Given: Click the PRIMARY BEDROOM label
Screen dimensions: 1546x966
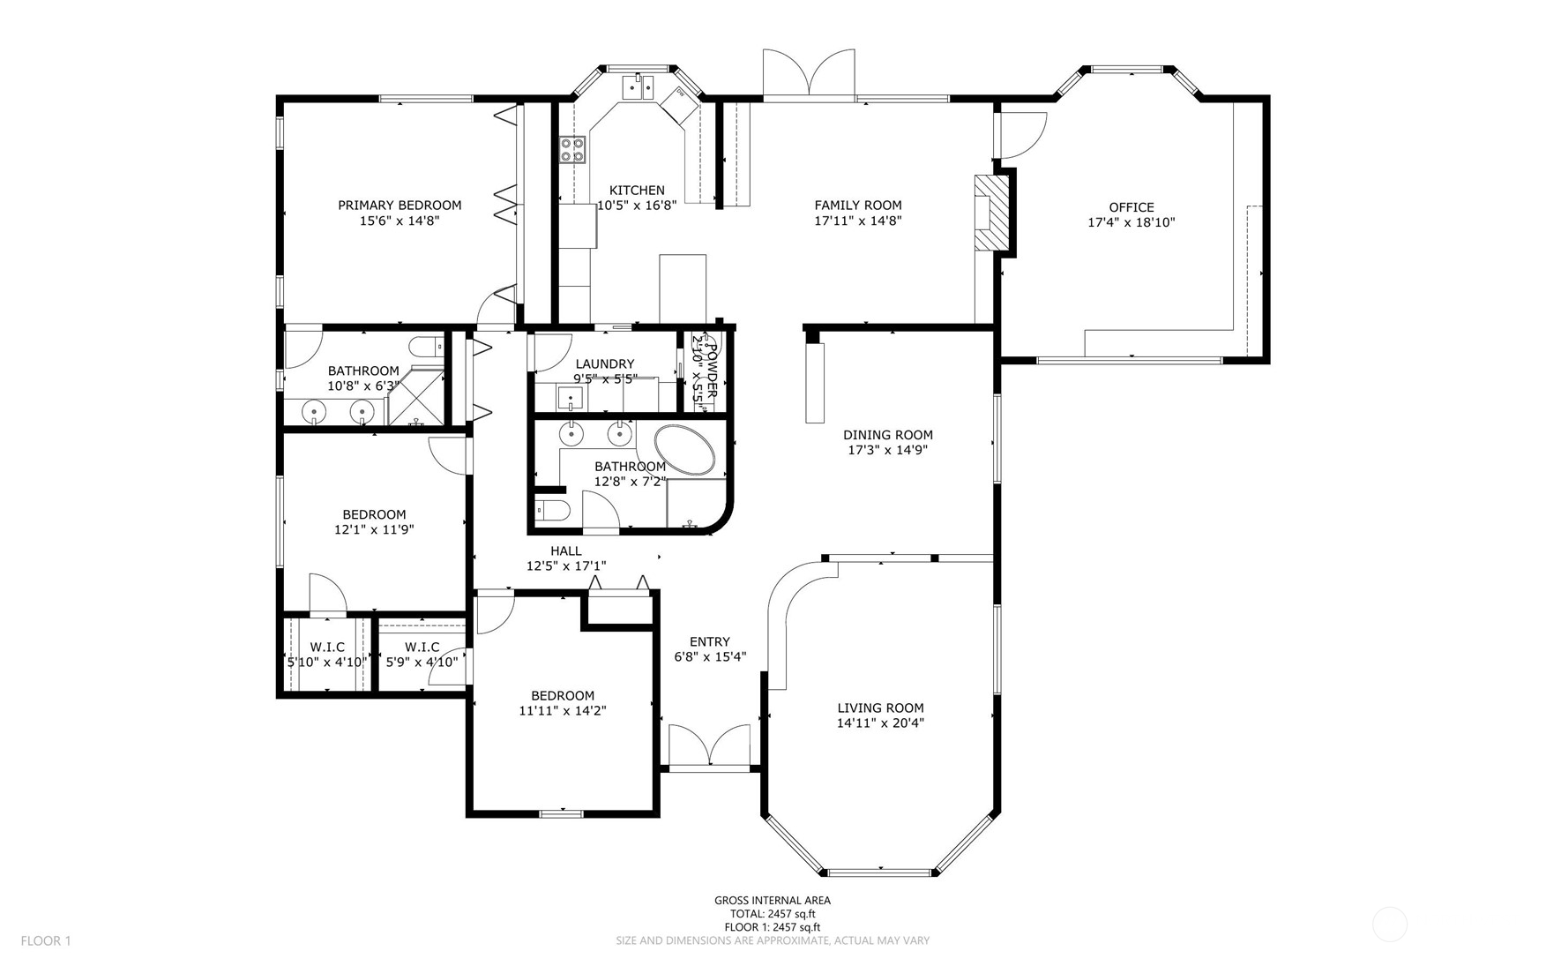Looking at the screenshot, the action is pos(400,206).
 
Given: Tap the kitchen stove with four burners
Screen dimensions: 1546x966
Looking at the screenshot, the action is pos(572,149).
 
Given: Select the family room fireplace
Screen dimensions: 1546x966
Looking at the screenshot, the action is pos(990,213).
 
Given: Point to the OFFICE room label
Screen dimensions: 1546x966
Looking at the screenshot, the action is pos(1131,208).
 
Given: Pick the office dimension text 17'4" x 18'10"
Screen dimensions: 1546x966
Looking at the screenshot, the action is pos(1131,223).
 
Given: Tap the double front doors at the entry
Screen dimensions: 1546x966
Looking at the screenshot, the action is pos(710,745).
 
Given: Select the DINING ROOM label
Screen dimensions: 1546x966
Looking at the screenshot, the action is pos(887,435).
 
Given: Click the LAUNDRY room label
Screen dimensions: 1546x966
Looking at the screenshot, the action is pos(605,364).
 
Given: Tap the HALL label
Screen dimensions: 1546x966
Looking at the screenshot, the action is pos(566,551).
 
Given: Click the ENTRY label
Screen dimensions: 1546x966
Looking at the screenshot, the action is pos(710,642).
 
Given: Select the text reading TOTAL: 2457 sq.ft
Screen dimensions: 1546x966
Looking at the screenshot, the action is pos(773,914).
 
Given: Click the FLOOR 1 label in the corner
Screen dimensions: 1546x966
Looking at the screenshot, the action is pos(46,941).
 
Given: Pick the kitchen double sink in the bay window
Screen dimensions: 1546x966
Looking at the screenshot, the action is pos(638,87).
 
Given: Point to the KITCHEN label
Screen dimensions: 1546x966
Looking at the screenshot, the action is pos(637,191).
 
